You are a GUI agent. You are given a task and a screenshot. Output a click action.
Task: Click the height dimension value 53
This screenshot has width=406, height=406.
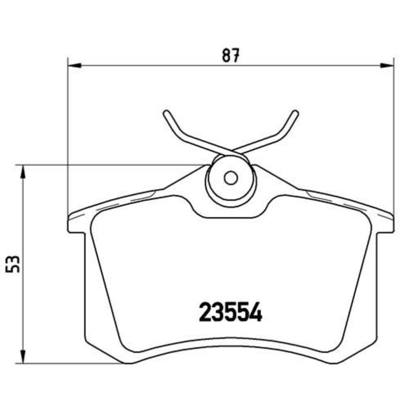15,264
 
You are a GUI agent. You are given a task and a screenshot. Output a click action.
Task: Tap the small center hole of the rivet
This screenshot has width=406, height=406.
231,178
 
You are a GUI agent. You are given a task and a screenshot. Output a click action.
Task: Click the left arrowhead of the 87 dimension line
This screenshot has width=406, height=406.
74,65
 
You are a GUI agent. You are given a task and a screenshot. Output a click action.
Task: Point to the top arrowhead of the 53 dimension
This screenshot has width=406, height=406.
24,171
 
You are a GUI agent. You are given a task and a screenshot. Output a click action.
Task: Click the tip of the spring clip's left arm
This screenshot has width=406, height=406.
165,113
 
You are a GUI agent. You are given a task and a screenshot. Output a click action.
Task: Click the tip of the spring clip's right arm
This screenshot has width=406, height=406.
296,113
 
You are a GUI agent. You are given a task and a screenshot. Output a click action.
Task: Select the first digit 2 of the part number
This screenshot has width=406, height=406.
205,313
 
